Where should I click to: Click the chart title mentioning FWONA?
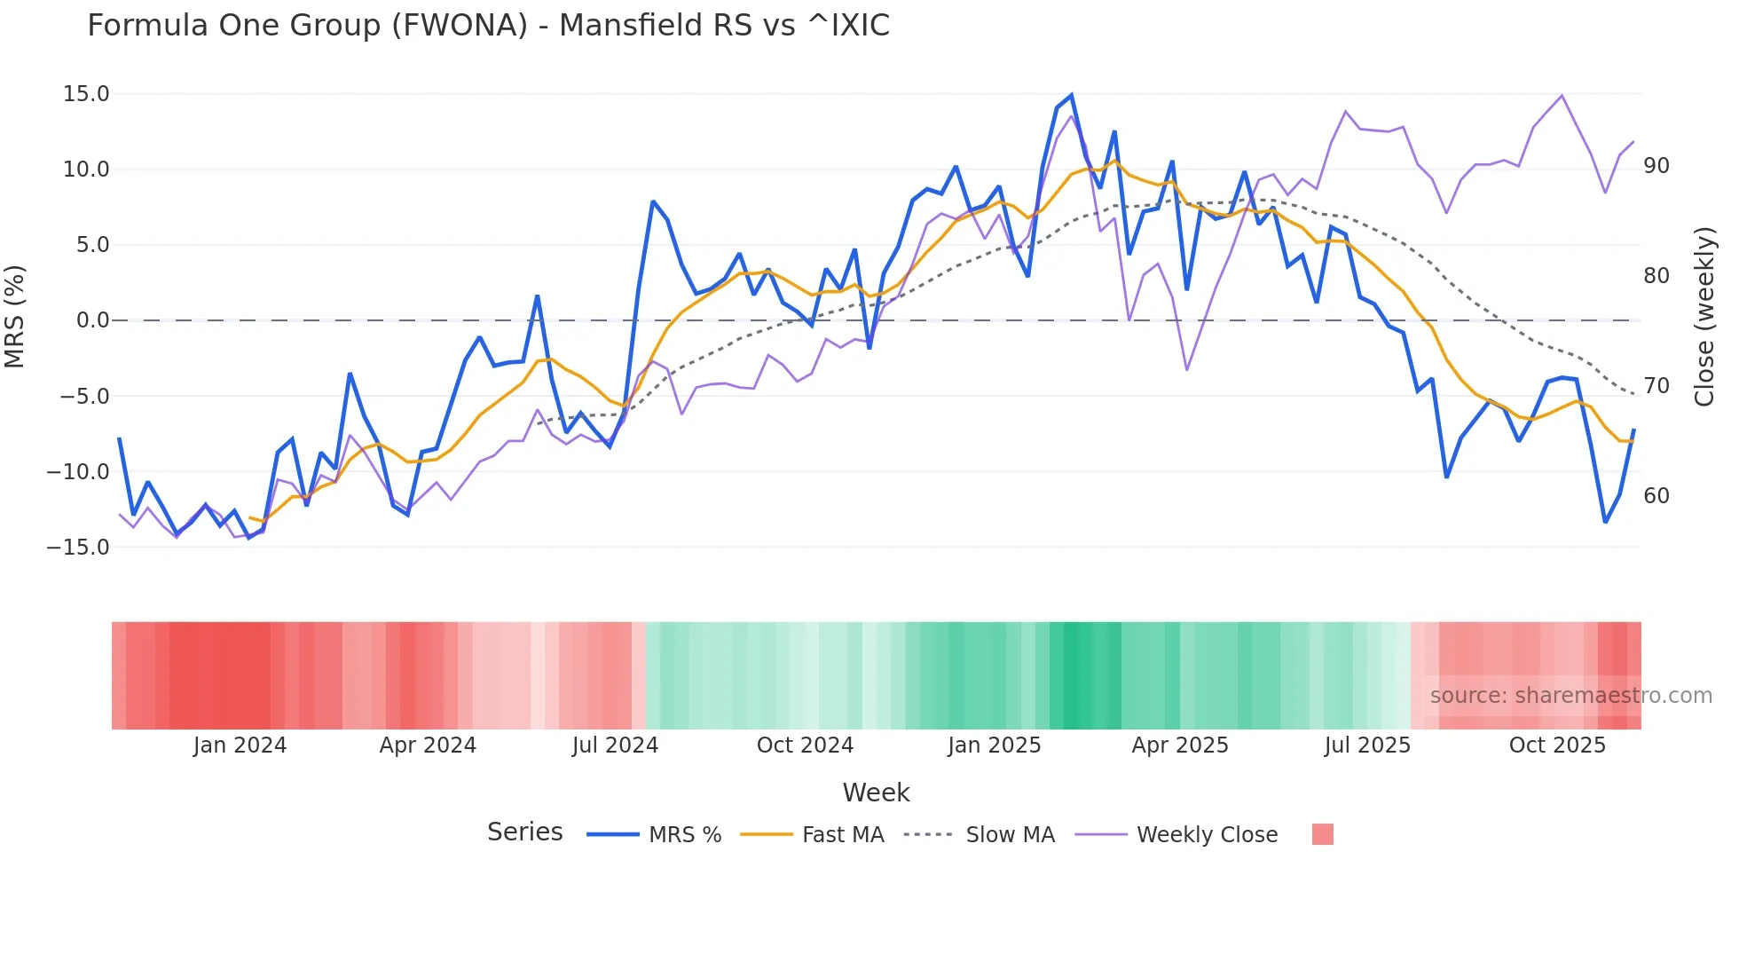click(x=488, y=26)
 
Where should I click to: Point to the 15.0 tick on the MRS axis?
click(x=86, y=94)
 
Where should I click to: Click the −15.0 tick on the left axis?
click(x=79, y=548)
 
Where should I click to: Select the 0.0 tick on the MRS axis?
click(x=92, y=320)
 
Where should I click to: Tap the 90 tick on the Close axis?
click(x=1656, y=166)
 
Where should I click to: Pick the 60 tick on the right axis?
click(x=1656, y=496)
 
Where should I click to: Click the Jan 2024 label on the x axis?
click(x=240, y=745)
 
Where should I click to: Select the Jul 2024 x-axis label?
click(x=615, y=745)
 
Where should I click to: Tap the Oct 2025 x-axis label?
click(x=1557, y=745)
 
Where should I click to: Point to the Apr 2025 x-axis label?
click(x=1180, y=745)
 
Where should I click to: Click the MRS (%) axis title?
click(x=15, y=317)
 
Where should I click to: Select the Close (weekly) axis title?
click(x=1704, y=317)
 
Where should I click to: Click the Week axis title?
click(x=876, y=793)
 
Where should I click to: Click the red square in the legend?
click(x=1323, y=834)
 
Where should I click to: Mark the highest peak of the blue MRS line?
click(x=1072, y=95)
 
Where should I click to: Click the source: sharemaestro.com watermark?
click(x=1570, y=696)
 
